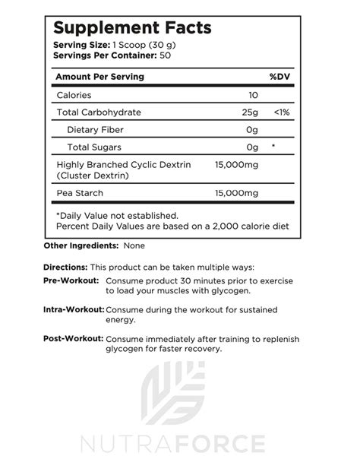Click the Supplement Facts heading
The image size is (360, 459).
[x=131, y=29]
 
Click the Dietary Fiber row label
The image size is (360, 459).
[x=96, y=129]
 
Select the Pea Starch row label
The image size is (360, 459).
[x=80, y=194]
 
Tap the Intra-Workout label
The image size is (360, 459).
[x=74, y=310]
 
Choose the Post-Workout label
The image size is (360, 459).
[x=73, y=339]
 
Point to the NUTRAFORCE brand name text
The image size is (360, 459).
[x=180, y=442]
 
